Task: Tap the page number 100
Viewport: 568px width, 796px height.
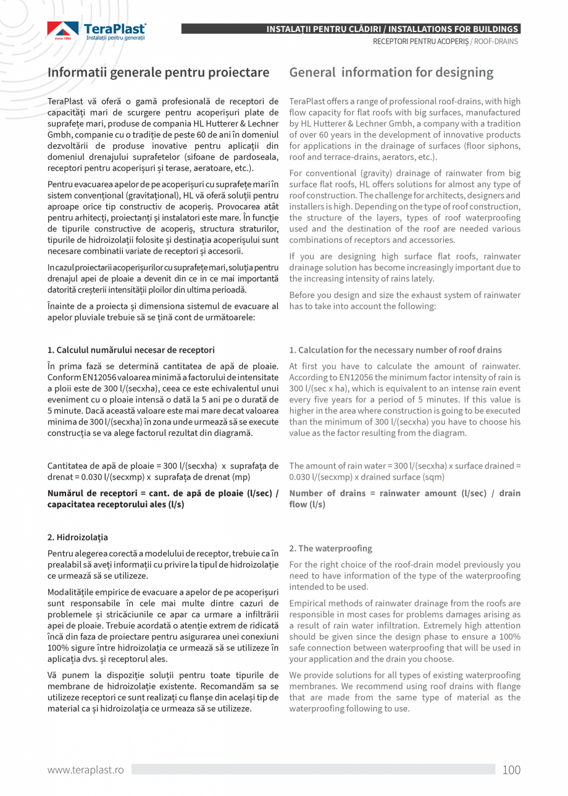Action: pyautogui.click(x=511, y=769)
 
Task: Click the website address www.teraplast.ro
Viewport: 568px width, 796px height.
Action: pyautogui.click(x=86, y=769)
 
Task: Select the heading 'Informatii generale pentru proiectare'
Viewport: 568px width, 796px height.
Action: pyautogui.click(x=159, y=72)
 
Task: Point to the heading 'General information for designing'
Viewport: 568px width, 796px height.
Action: pyautogui.click(x=391, y=72)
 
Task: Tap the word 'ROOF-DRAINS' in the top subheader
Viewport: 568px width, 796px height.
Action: pyautogui.click(x=495, y=41)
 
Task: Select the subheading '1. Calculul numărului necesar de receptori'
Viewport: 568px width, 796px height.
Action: pyautogui.click(x=131, y=350)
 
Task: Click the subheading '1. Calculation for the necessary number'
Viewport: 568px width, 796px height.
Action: pyautogui.click(x=395, y=350)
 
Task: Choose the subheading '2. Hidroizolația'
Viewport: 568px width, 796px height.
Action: pyautogui.click(x=78, y=537)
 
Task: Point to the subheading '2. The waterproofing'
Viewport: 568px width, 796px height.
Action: pyautogui.click(x=330, y=548)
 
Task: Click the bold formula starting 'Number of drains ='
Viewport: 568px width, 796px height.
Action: pyautogui.click(x=404, y=499)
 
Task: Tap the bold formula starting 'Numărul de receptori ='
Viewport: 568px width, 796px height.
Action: pyautogui.click(x=163, y=499)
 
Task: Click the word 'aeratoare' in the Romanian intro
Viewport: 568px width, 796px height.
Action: pyautogui.click(x=199, y=168)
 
